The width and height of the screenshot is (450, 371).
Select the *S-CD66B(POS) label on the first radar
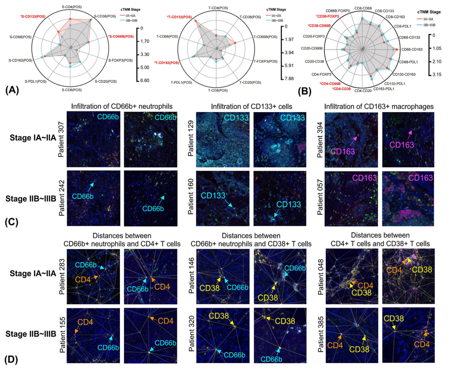tap(121, 37)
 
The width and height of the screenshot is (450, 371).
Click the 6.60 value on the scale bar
tap(144, 80)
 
